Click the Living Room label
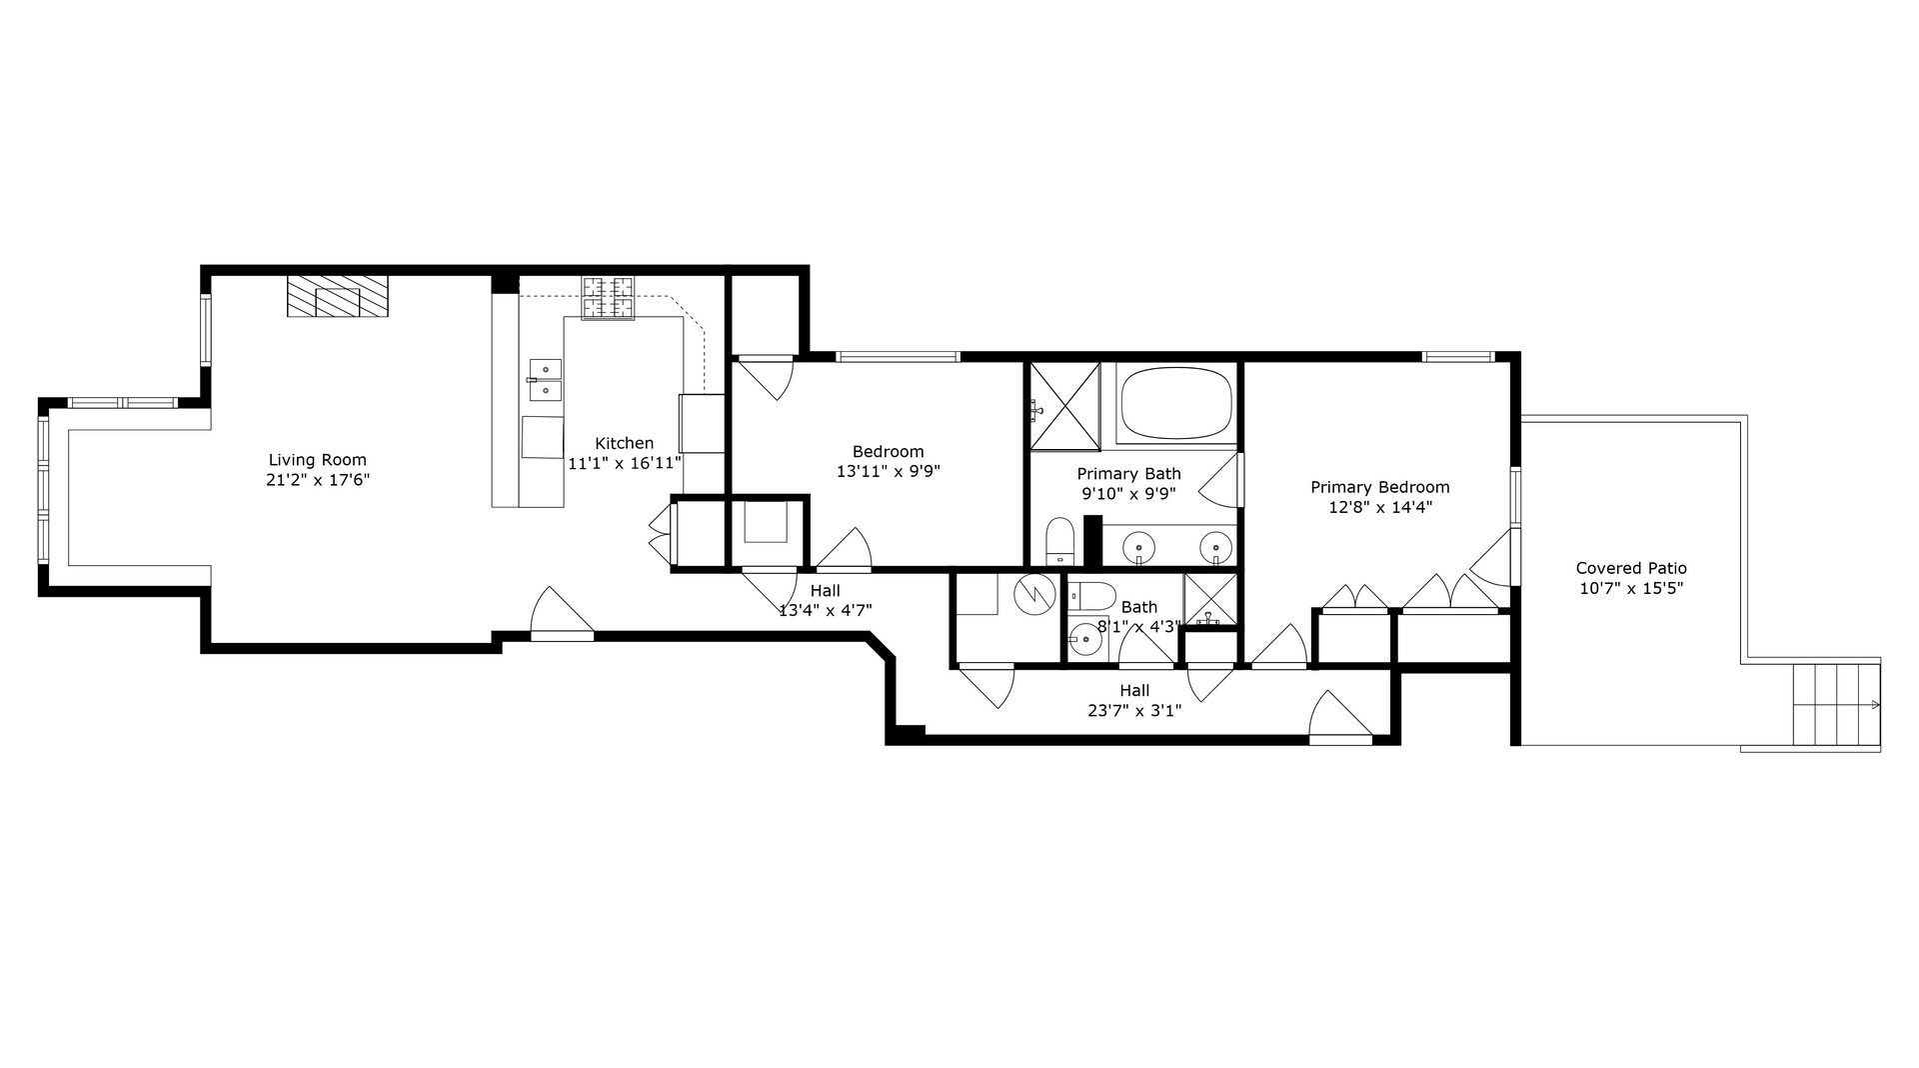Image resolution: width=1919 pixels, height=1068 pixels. tap(317, 460)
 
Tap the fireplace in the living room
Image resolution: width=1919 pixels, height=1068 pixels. tap(338, 298)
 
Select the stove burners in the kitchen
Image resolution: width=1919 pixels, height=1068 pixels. tap(608, 299)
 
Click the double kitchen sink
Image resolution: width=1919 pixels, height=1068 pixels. tap(545, 380)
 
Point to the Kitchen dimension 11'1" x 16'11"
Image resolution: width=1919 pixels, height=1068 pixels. tap(625, 463)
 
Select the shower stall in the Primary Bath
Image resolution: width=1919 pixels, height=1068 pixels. tap(1064, 406)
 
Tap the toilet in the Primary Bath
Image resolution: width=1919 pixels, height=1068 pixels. tap(1058, 541)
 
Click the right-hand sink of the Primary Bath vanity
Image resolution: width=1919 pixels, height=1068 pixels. tap(1215, 547)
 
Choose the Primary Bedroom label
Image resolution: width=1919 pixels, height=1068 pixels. tap(1379, 487)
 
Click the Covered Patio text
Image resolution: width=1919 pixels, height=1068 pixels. tap(1630, 568)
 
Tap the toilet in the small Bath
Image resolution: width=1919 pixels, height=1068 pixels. tap(1091, 597)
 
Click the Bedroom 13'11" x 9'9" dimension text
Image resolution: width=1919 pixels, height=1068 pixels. tap(888, 470)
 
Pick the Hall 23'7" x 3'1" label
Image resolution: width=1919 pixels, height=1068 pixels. tap(1133, 700)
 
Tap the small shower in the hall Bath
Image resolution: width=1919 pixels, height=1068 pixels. tap(1209, 600)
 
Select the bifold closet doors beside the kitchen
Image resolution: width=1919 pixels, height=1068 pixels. tap(660, 532)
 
